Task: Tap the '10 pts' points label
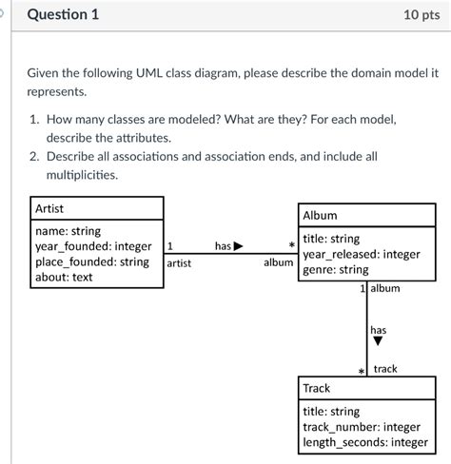point(418,16)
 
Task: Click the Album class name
point(320,216)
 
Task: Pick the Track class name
point(316,389)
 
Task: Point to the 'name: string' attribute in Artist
point(68,231)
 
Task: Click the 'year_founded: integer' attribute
point(92,246)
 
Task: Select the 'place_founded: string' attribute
point(91,261)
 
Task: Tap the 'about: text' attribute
point(64,277)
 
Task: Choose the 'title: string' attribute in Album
point(331,239)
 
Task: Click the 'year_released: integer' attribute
point(361,254)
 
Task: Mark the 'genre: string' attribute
point(335,269)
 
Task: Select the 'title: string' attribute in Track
point(331,412)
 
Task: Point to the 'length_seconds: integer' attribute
point(364,442)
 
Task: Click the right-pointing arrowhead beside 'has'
point(238,246)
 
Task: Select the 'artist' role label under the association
point(179,262)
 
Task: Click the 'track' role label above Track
point(385,369)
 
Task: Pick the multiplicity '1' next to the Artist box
point(170,246)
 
